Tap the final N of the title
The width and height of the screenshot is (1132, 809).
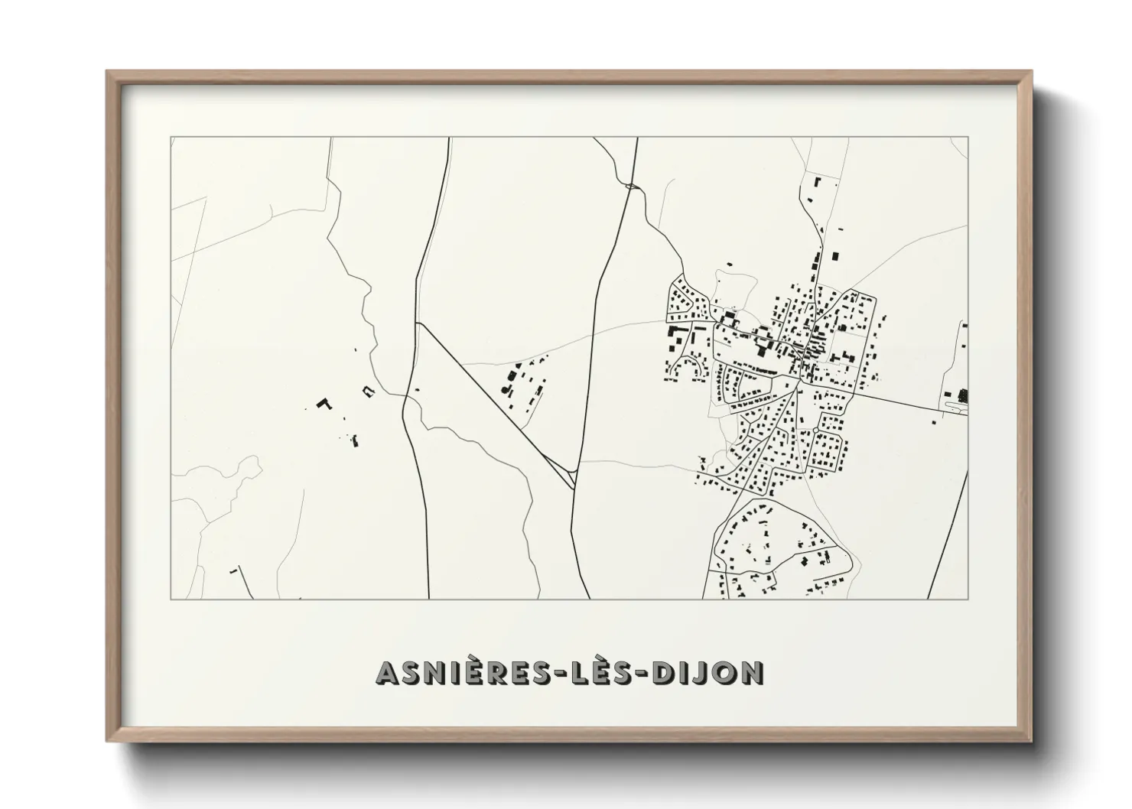753,673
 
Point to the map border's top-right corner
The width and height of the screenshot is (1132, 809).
968,138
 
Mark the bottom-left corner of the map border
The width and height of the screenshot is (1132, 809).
171,599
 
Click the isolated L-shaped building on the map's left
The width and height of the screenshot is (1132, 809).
324,402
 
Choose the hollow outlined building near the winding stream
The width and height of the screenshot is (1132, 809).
369,391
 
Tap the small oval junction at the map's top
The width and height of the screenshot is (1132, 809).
632,185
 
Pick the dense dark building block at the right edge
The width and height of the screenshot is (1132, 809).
962,395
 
